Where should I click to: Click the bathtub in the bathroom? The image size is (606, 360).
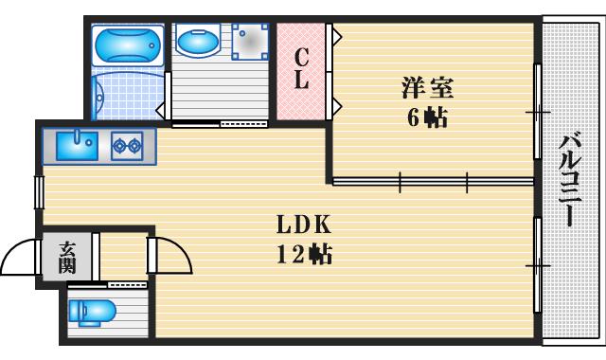130,43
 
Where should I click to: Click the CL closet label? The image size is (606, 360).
300,69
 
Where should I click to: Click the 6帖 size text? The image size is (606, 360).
427,117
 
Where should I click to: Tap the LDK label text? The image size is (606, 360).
303,226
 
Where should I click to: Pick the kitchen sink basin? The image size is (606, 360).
76,145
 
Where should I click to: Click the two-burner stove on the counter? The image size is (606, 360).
126,145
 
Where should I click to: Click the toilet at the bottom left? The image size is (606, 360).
95,311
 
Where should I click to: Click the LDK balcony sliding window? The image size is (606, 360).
537,265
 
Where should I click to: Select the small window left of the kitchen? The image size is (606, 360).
39,191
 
